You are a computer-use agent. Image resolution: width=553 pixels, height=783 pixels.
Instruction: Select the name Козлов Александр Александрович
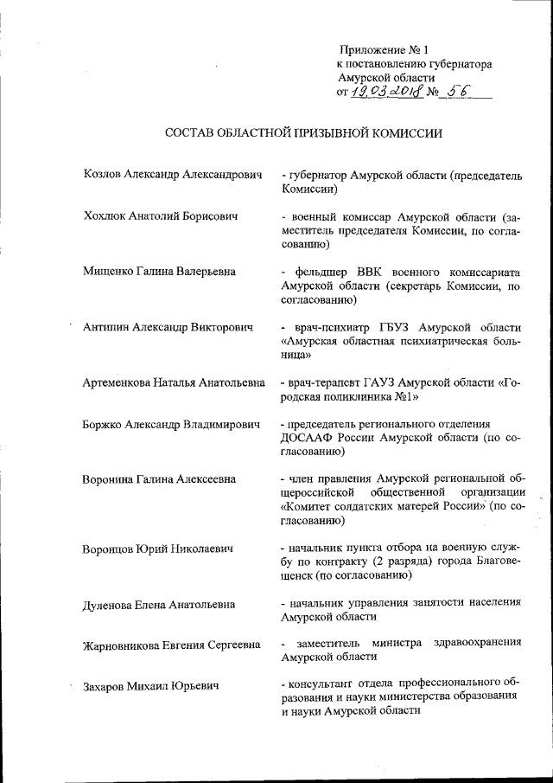click(172, 175)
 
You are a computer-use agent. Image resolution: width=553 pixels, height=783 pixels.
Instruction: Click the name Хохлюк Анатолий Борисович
click(161, 215)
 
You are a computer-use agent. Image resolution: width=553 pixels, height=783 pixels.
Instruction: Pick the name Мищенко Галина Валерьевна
click(159, 272)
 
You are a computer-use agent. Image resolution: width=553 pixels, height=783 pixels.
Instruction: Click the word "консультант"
click(322, 686)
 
